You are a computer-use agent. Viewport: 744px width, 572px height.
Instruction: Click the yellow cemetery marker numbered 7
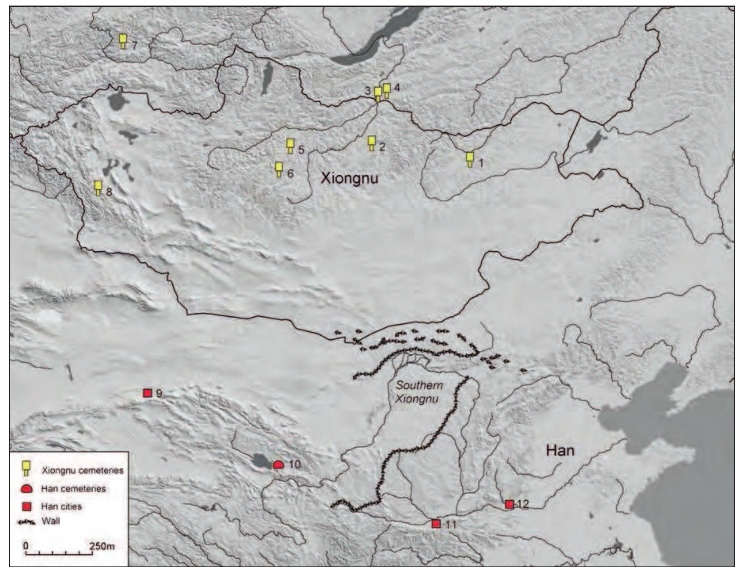click(x=123, y=40)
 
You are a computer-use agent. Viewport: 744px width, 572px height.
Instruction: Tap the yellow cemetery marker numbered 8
click(x=98, y=187)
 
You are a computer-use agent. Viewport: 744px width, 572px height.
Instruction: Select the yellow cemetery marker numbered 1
click(x=470, y=159)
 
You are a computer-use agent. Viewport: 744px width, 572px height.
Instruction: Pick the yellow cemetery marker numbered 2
click(x=371, y=143)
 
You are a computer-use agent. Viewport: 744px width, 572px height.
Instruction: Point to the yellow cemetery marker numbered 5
click(x=290, y=146)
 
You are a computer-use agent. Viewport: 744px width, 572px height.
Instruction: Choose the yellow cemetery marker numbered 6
click(x=279, y=169)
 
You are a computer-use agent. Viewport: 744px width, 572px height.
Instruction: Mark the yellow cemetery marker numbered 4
click(x=386, y=91)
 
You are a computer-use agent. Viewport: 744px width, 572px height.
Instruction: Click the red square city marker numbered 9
click(x=147, y=393)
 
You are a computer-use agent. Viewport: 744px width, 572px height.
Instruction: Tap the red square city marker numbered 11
click(x=436, y=524)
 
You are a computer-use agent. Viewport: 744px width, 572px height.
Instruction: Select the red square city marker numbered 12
click(x=509, y=504)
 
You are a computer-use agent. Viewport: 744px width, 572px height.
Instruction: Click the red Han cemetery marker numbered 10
click(x=278, y=465)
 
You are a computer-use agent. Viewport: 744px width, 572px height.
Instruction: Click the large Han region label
click(x=560, y=450)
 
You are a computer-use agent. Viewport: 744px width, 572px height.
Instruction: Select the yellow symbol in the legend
click(x=27, y=468)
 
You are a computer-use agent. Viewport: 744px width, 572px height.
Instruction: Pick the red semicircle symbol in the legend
click(x=27, y=489)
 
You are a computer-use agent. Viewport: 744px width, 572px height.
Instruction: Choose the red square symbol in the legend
click(x=27, y=507)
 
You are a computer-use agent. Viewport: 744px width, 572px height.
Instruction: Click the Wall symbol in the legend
click(x=27, y=522)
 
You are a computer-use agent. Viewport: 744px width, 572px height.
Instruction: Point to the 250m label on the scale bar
click(x=102, y=546)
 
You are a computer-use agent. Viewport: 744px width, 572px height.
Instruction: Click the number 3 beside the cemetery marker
click(x=367, y=91)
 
